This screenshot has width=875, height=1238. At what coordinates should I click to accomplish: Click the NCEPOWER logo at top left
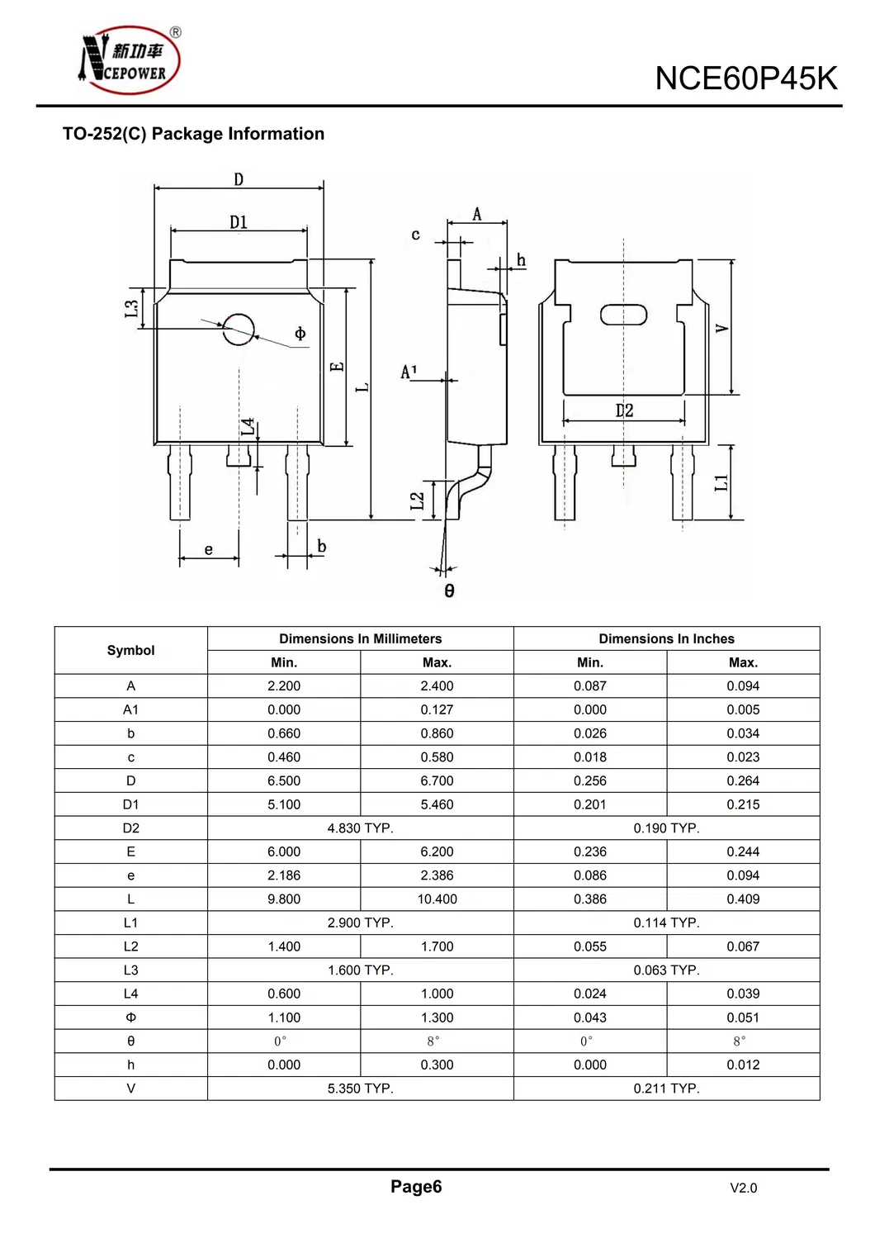[130, 60]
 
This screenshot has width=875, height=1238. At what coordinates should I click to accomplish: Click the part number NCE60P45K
[745, 78]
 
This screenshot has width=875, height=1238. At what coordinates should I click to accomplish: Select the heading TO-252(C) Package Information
[193, 134]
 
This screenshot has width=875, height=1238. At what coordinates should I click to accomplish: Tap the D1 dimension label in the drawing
[239, 222]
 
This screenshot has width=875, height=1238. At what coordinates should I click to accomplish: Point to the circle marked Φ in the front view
[239, 330]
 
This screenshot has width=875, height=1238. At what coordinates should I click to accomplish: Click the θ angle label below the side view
[449, 591]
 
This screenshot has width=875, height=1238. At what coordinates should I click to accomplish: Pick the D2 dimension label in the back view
[624, 410]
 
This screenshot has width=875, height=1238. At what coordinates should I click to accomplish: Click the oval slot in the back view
[623, 315]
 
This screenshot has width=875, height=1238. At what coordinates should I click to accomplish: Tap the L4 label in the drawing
[248, 427]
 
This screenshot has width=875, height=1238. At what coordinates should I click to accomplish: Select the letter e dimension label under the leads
[209, 549]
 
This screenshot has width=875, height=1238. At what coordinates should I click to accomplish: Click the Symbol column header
[130, 650]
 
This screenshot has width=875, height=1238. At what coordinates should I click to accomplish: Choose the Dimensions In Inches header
[666, 638]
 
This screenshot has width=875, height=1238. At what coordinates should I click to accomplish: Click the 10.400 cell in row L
[437, 899]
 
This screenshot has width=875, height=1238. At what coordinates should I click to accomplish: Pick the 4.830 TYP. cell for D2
[360, 828]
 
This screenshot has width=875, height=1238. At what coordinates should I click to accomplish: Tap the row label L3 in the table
[130, 970]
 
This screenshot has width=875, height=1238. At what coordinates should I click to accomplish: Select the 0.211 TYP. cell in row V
[666, 1089]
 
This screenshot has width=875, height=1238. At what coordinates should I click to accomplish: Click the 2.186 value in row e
[284, 875]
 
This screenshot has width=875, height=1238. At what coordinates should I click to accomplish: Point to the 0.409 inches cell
[743, 899]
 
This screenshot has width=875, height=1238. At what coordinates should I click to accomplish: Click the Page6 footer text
[416, 1187]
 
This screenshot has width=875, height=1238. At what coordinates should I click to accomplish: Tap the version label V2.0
[743, 1188]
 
